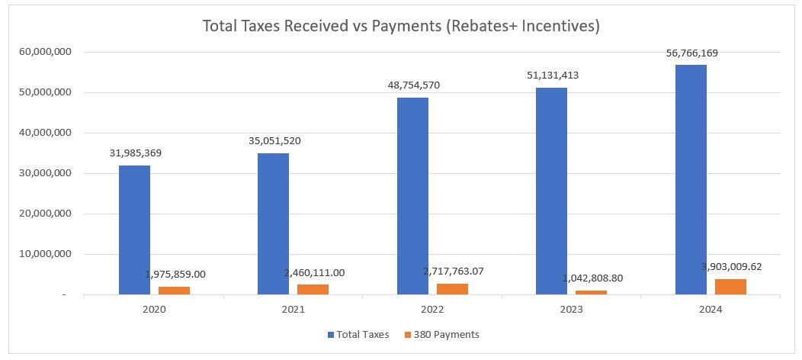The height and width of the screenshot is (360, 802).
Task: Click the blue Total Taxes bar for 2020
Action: pos(134,230)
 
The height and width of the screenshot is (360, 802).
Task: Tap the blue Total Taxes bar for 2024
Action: pos(691,179)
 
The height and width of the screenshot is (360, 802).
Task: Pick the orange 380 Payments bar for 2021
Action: pos(313,289)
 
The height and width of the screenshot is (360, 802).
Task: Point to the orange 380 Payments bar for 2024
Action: pos(730,286)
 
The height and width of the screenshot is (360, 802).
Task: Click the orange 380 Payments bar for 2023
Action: pos(591,292)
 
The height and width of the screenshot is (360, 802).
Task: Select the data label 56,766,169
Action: pos(691,53)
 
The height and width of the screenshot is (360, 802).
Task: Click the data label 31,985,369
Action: pos(135,153)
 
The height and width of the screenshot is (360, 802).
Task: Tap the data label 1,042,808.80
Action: pos(591,278)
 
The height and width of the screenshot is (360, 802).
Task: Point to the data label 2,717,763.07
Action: pos(452,272)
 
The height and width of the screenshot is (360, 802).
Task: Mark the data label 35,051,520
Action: pos(274,141)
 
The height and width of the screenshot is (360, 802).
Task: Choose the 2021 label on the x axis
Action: pos(293,310)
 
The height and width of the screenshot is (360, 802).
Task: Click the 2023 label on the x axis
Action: pos(571,310)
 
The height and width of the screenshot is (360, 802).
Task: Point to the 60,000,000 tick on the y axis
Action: pos(47,52)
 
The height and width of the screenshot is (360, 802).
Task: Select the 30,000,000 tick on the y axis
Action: pos(47,173)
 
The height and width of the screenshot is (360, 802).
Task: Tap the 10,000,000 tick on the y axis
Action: pos(47,254)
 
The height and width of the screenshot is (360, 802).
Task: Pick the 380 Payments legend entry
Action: pos(448,334)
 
